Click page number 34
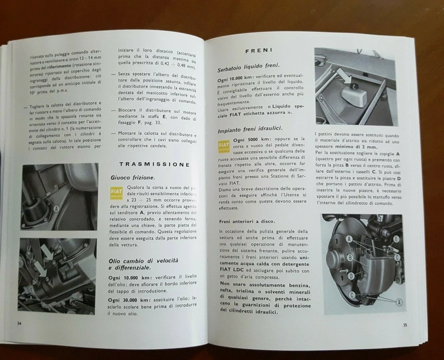pyautogui.click(x=18, y=322)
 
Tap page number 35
pyautogui.click(x=405, y=324)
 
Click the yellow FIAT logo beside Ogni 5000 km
pyautogui.click(x=224, y=147)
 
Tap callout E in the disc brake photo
pyautogui.click(x=395, y=239)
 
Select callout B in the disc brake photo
pyautogui.click(x=351, y=257)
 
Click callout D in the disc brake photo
pyautogui.click(x=351, y=275)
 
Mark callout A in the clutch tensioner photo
pyautogui.click(x=57, y=208)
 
